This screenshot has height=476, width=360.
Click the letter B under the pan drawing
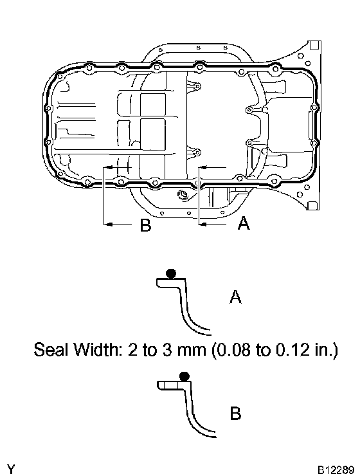coord(145,225)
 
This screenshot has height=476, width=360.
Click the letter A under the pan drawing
coord(244,223)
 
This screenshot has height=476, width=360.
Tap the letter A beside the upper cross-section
coord(235,297)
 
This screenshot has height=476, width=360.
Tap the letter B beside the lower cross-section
coord(235,413)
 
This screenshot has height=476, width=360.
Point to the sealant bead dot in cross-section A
coord(171,273)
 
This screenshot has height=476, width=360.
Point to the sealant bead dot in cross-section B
coord(184,376)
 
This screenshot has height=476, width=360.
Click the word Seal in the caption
coord(50,349)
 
